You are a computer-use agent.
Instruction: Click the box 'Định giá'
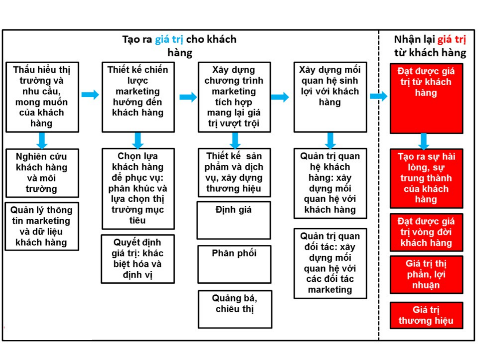234,220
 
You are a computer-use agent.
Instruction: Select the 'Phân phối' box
234,264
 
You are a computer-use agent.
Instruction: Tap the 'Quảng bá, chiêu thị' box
235,309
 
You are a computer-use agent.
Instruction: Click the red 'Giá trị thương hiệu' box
426,315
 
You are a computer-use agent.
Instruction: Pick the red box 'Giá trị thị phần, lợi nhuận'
426,274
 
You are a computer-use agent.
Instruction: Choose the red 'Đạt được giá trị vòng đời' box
426,232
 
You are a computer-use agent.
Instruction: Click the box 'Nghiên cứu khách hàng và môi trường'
42,173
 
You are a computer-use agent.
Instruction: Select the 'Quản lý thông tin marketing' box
42,226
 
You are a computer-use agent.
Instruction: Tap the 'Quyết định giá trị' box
138,259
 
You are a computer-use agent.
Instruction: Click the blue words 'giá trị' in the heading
169,40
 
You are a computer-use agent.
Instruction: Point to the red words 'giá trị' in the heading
452,40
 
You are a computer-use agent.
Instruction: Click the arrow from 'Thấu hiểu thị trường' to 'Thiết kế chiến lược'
90,95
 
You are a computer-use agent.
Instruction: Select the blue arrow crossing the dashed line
378,96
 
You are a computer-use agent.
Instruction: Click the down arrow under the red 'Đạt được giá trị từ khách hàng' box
424,142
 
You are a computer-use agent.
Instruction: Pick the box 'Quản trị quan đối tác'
330,263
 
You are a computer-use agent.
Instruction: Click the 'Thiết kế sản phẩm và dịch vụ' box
234,173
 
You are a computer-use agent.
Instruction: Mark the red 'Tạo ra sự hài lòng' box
426,179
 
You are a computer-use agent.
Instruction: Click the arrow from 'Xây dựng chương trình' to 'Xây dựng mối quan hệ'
280,97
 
